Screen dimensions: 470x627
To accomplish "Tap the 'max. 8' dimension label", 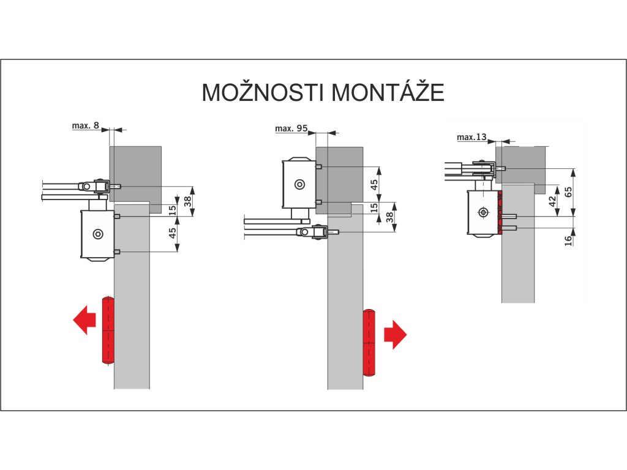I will (x=85, y=125).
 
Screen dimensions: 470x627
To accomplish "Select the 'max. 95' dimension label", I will (x=291, y=129).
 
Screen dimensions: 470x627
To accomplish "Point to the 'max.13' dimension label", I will (x=471, y=137).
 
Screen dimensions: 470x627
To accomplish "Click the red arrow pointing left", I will (x=84, y=321).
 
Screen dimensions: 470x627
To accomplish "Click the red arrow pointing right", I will (x=395, y=334).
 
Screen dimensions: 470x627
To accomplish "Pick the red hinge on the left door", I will (x=108, y=330).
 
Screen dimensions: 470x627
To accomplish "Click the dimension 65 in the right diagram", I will (x=568, y=192).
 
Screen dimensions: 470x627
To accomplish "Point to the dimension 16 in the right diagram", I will (x=568, y=240).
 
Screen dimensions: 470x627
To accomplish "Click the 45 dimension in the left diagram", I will (x=173, y=233).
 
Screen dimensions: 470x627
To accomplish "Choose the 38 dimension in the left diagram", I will (x=187, y=200).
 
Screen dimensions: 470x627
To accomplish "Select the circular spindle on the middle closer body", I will (x=299, y=184).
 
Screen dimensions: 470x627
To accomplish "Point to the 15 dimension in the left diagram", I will (x=173, y=208).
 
